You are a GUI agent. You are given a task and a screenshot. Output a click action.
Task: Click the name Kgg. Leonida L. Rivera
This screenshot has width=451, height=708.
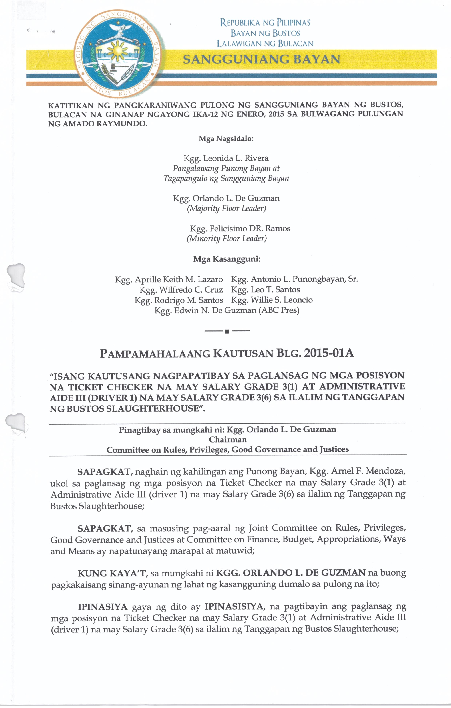(x=226, y=158)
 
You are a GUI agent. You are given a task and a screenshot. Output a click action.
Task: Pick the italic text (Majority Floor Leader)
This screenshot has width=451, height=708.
(x=226, y=208)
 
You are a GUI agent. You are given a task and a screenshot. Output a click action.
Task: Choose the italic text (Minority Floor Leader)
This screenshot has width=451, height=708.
(x=227, y=238)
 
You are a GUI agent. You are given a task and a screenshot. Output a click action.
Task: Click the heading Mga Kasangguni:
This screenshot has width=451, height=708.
(x=227, y=259)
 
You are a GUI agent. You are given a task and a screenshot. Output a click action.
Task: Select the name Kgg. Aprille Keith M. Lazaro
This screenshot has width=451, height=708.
(x=169, y=279)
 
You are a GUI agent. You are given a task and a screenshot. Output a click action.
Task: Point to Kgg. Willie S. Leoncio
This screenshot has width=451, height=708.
(x=272, y=300)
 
